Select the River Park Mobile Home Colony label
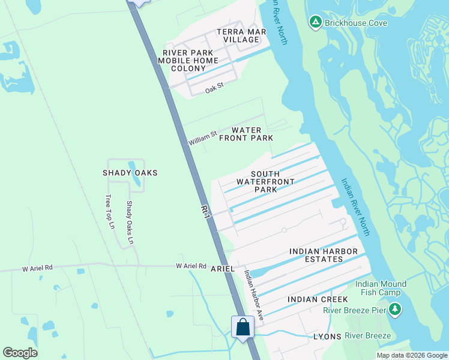click(188, 61)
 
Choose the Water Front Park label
click(246, 134)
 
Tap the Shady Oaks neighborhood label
click(130, 173)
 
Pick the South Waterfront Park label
click(265, 181)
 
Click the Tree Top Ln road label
click(109, 212)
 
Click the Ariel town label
click(222, 269)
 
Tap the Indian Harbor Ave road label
click(253, 294)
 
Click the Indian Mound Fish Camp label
click(381, 288)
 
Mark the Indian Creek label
click(318, 299)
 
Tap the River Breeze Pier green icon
click(394, 310)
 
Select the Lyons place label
click(327, 337)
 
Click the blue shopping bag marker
click(243, 328)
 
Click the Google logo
click(20, 353)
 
